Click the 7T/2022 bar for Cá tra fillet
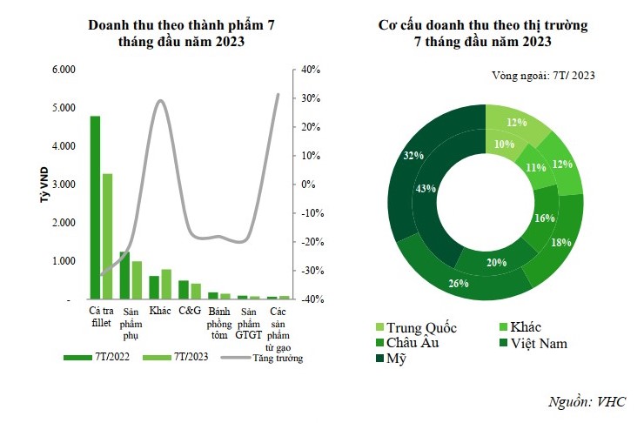tap(96, 207)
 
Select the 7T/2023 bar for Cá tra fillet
tap(107, 236)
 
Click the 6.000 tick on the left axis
tap(64, 70)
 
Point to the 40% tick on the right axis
tap(312, 70)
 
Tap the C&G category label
tap(189, 311)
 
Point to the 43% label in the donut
tap(426, 189)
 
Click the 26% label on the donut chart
tap(459, 283)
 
